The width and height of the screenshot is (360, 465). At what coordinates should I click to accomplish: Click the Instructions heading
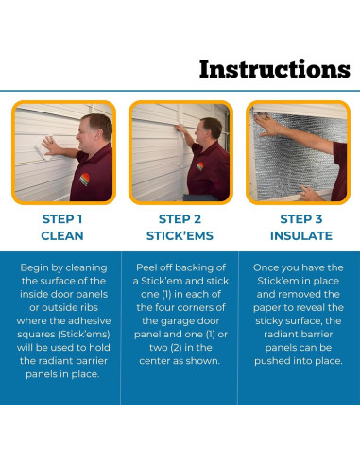(x=275, y=69)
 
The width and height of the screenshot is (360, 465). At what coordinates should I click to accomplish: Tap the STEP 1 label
(x=62, y=219)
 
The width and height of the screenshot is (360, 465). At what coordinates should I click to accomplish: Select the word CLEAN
(x=62, y=235)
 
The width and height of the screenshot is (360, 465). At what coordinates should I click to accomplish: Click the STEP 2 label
(x=180, y=219)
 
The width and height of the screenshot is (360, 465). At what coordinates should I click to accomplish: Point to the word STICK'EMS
(x=180, y=235)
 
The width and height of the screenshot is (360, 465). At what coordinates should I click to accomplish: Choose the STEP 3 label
(x=301, y=219)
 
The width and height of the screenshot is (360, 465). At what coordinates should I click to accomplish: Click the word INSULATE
(x=301, y=235)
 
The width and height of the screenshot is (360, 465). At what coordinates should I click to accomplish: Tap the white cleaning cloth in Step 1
(x=43, y=148)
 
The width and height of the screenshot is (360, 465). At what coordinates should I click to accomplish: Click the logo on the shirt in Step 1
(x=84, y=179)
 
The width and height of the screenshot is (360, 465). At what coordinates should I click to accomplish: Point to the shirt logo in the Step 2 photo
(x=200, y=166)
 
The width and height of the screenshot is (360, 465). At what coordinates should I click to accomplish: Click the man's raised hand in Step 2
(x=180, y=129)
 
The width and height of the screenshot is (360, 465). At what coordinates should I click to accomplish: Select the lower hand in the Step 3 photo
(x=310, y=193)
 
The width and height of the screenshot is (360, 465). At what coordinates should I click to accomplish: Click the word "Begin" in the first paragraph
(x=34, y=267)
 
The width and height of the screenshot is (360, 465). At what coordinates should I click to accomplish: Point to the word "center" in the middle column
(x=154, y=361)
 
